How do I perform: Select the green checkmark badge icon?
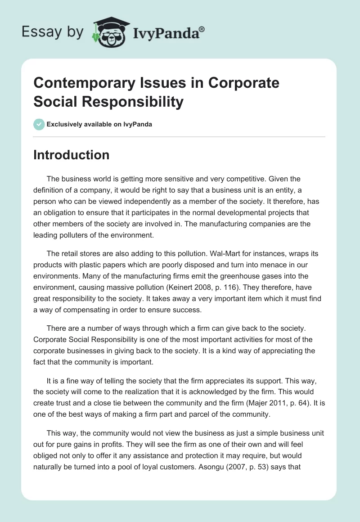point(39,124)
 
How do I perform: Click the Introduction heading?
point(72,155)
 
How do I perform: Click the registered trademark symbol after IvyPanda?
point(202,29)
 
